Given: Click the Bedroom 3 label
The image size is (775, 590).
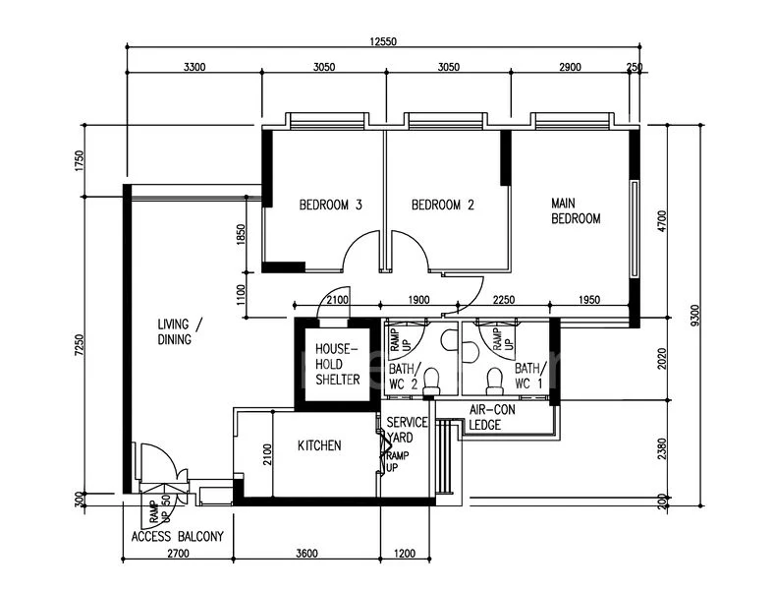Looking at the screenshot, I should click(331, 206).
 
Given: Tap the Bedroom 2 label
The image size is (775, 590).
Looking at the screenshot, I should click(442, 206).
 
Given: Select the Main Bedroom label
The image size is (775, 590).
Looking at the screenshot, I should click(575, 211).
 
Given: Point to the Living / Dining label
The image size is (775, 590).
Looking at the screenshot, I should click(180, 331).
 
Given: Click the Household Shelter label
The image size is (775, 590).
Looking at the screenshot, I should click(337, 364).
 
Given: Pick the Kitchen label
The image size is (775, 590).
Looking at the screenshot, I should click(319, 445).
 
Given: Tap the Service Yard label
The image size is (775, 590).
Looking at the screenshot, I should click(407, 430).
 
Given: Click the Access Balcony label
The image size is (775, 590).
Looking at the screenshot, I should click(177, 537).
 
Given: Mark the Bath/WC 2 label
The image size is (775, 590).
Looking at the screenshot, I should click(402, 375).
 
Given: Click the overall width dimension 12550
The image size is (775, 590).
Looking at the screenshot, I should click(386, 42).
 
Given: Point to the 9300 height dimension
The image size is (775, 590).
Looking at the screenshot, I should click(694, 315).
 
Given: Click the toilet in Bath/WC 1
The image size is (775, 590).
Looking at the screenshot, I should click(494, 377).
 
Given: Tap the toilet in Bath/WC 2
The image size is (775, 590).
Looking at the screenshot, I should click(430, 379).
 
